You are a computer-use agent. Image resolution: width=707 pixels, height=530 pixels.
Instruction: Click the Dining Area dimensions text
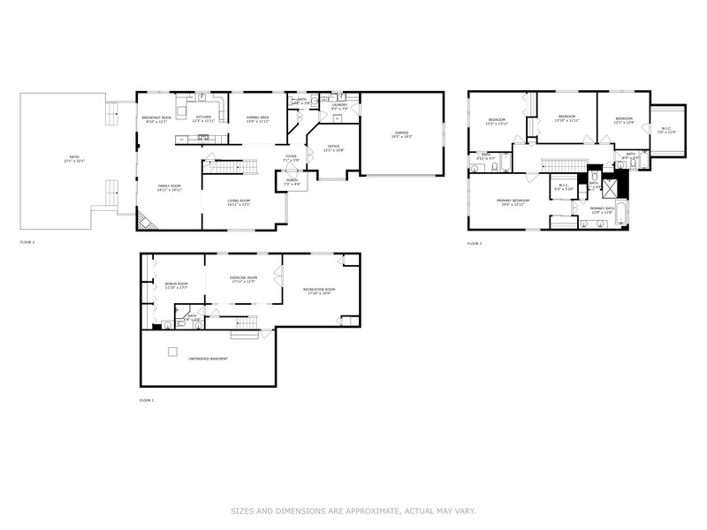coord(258,121)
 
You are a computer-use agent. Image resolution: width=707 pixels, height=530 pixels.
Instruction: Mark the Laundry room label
coord(340,105)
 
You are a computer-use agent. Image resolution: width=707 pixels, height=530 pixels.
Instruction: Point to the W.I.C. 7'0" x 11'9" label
coord(666,130)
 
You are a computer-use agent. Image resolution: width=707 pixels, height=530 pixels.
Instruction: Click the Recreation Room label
coord(318,291)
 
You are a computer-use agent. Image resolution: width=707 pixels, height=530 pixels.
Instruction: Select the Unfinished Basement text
coord(208,359)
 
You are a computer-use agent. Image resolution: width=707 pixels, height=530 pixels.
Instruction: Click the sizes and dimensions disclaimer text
coord(353,511)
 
